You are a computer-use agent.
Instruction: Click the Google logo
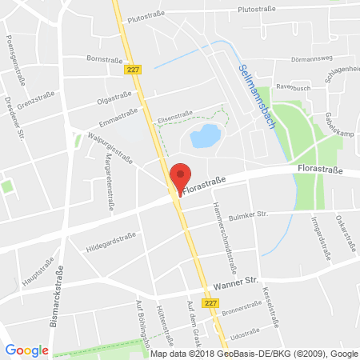click(x=26, y=350)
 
